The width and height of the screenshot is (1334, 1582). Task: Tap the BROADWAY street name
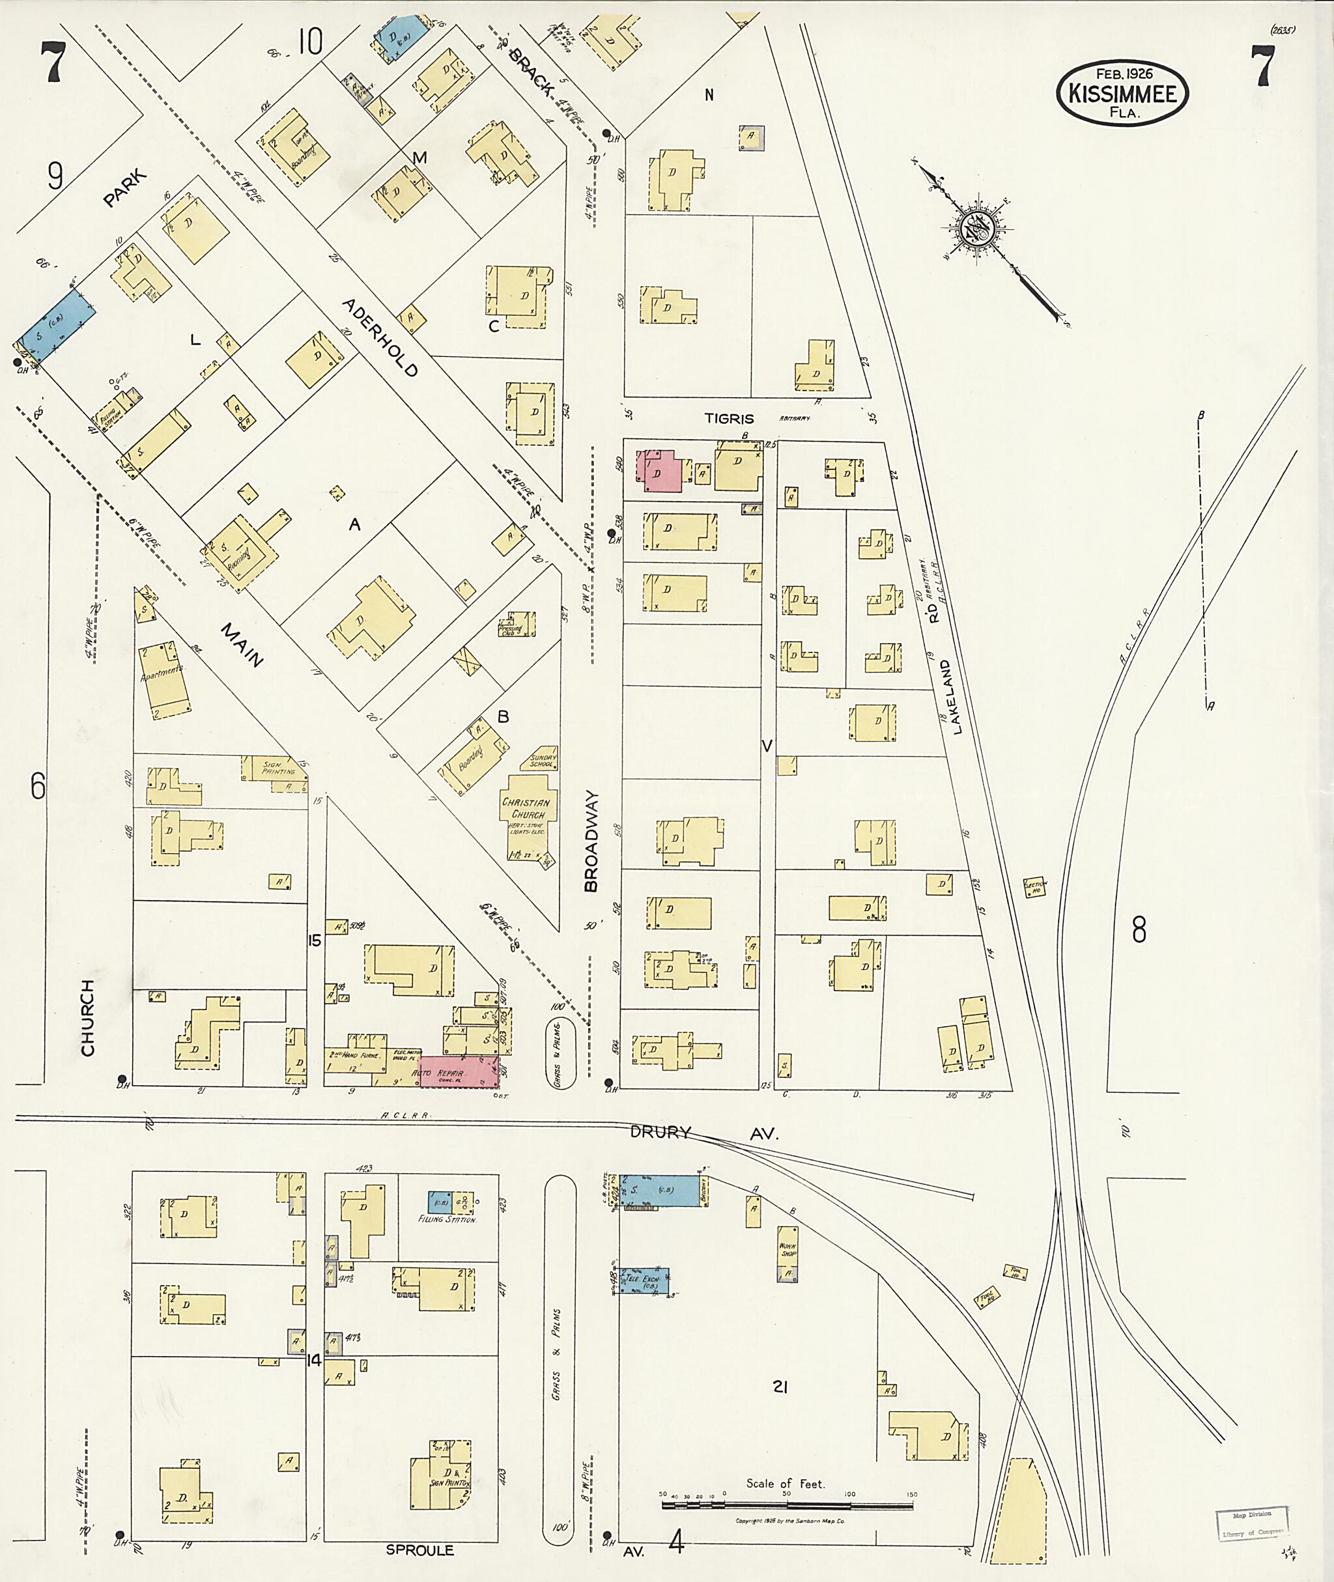pyautogui.click(x=591, y=841)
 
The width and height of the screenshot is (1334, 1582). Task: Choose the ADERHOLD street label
pyautogui.click(x=380, y=337)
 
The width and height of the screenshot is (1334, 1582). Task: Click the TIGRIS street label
pyautogui.click(x=729, y=418)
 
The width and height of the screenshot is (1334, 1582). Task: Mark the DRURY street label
pyautogui.click(x=662, y=1132)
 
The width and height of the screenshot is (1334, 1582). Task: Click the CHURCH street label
pyautogui.click(x=88, y=1017)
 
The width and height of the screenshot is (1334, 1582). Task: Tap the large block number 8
pyautogui.click(x=1139, y=930)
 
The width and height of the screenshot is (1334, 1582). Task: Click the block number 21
pyautogui.click(x=781, y=1387)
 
